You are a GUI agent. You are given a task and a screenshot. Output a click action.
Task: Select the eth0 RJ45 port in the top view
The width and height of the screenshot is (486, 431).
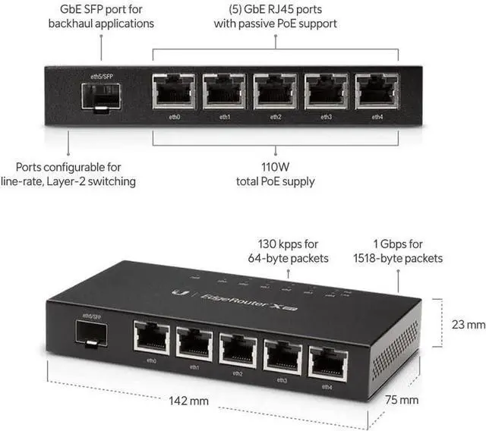click(173, 91)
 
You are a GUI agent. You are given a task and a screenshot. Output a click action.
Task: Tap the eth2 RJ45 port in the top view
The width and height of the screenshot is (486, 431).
click(275, 91)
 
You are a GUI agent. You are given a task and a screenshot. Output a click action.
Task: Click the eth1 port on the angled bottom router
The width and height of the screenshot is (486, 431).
click(195, 344)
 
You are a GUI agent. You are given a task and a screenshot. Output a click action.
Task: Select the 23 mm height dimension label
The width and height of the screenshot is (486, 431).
click(465, 324)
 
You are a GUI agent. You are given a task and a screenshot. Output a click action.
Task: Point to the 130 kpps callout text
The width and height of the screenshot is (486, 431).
click(299, 244)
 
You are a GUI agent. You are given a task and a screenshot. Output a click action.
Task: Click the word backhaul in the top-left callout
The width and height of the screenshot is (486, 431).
click(74, 24)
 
